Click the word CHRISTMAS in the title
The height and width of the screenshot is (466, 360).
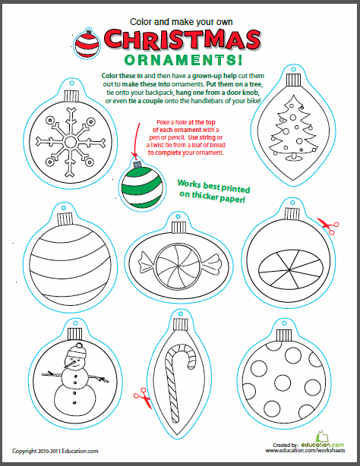point(182,39)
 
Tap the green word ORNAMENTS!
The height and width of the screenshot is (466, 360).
point(183,60)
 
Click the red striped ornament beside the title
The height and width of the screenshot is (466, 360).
point(87,43)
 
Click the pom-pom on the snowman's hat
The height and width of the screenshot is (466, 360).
point(79,345)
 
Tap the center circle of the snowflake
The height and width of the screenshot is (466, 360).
point(71,143)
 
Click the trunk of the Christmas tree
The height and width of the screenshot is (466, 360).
point(293,156)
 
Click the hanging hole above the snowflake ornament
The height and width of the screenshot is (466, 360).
point(71,83)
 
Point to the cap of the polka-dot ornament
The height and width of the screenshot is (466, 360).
point(284,335)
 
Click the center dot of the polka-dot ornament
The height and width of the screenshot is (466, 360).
point(283,383)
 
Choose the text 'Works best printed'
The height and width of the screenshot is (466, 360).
point(213,186)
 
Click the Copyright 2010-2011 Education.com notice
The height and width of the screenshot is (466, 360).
point(55,451)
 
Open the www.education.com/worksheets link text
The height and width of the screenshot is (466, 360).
point(305,451)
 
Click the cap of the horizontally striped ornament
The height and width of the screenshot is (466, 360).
point(65,219)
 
